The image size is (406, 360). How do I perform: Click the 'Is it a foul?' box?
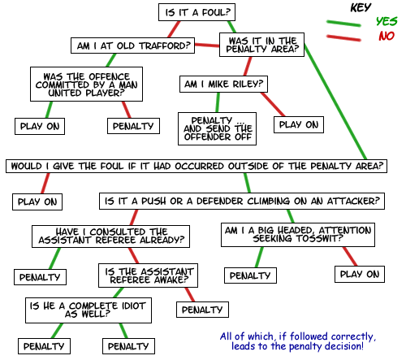[x=197, y=12]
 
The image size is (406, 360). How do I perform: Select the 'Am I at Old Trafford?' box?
[x=132, y=46]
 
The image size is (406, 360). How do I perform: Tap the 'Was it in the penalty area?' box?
[x=261, y=45]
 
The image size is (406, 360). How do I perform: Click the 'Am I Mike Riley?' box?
[x=223, y=84]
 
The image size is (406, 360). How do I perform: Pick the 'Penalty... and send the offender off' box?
[x=217, y=128]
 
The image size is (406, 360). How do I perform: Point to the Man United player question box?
[x=86, y=85]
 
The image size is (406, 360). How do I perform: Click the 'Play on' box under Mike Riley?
[x=299, y=124]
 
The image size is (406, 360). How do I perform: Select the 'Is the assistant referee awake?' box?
[x=148, y=275]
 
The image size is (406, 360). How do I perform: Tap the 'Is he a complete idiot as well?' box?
[x=89, y=310]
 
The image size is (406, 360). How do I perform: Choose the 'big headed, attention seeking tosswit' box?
[x=298, y=235]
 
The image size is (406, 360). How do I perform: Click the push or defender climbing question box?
[x=242, y=201]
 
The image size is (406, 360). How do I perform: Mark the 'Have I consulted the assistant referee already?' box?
[x=110, y=236]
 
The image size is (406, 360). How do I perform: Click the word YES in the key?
[x=387, y=21]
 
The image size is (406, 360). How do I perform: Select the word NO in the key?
[x=387, y=36]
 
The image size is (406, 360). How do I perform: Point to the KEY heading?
[x=361, y=7]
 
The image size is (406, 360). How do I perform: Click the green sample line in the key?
[x=343, y=24]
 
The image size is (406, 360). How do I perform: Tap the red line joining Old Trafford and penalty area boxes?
[x=207, y=45]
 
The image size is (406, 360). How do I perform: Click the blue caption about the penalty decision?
[x=298, y=341]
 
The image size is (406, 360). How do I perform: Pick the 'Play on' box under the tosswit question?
[x=360, y=274]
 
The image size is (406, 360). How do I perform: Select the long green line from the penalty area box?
[x=335, y=102]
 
